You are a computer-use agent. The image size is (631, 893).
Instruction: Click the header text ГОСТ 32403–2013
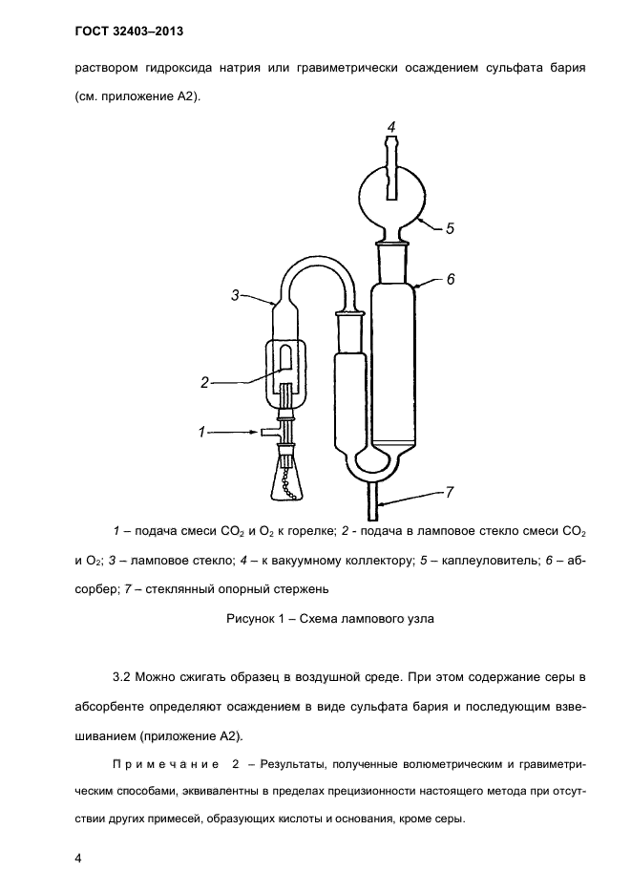[x=128, y=32]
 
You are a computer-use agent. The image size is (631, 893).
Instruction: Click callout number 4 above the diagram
[x=391, y=126]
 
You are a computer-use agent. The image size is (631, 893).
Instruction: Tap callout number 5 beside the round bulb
[x=450, y=229]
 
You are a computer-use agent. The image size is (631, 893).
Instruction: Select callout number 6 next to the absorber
[x=451, y=280]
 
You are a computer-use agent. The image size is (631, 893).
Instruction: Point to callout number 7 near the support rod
[x=451, y=493]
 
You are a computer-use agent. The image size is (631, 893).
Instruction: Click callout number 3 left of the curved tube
[x=236, y=296]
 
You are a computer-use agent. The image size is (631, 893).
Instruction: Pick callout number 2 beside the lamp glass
[x=204, y=382]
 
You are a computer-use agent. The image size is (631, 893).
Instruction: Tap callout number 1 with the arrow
[x=202, y=433]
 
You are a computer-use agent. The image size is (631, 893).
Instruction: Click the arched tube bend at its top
[x=314, y=265]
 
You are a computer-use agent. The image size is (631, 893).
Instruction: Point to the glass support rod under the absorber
[x=373, y=492]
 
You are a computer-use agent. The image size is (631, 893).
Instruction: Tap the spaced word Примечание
[x=167, y=764]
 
